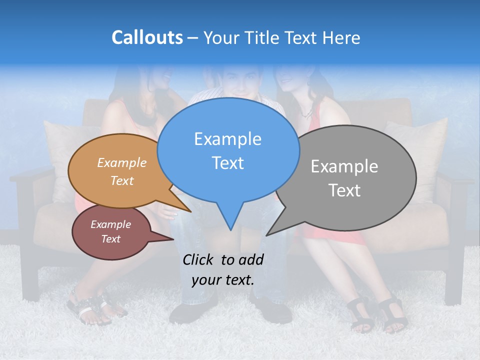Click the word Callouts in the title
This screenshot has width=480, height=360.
coord(147,37)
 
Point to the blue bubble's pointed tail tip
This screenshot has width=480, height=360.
coord(230,230)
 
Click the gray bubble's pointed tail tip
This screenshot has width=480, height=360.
coord(267,235)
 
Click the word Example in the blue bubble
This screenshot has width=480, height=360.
coord(227,139)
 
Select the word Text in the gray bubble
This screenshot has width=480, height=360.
coord(344,190)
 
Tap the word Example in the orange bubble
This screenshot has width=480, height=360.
coord(122,163)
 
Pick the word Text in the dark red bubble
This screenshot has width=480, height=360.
coord(110,239)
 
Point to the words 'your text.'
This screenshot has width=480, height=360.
coord(222,280)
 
